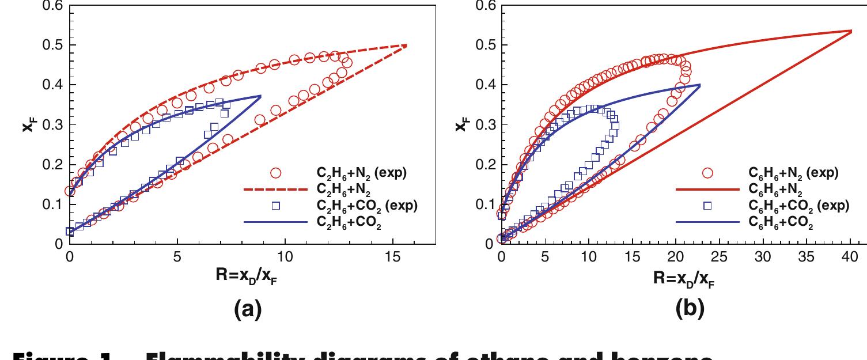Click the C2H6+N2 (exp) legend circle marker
click(275, 173)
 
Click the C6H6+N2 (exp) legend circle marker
click(707, 173)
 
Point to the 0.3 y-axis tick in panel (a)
click(55, 125)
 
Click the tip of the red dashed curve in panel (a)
click(406, 45)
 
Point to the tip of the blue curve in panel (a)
click(260, 96)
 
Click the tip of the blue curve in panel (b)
click(700, 85)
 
